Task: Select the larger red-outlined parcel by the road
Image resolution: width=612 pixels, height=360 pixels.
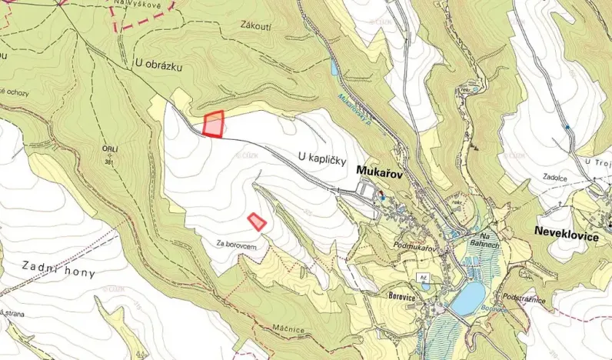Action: coord(214,125)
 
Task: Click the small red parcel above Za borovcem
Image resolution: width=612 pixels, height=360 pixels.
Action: coord(257,222)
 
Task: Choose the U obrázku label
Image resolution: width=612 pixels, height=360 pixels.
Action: coord(158,67)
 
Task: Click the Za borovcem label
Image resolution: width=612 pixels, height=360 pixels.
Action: coord(241,245)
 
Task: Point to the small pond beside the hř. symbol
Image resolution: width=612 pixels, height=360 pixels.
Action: coord(425,288)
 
